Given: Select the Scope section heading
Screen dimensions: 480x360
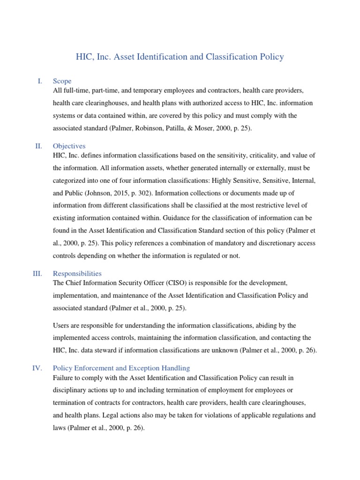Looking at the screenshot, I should coord(62,81).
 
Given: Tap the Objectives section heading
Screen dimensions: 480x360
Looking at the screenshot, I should coord(69,146).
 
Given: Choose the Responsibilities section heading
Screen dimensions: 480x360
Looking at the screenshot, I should coord(77,273).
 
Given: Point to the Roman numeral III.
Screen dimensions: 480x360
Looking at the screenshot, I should coord(37,273).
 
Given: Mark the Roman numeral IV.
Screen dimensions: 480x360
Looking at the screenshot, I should coord(37,368).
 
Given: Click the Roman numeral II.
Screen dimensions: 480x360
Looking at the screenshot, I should coord(39,146).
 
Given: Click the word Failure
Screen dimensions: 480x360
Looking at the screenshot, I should coord(65,377).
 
